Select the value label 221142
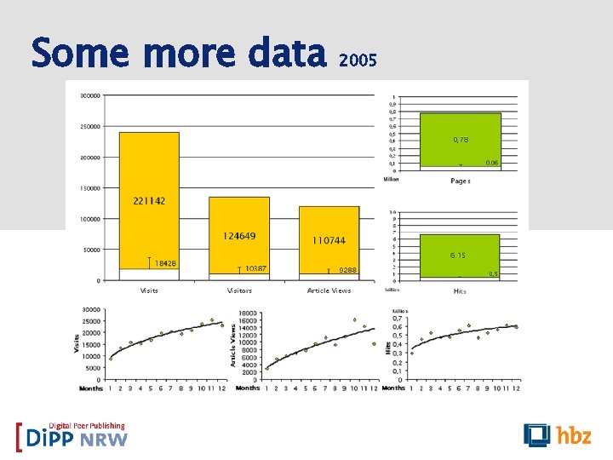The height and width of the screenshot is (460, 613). pos(149,201)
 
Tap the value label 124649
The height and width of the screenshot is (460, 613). pos(239,236)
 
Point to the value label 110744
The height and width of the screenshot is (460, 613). pos(329,241)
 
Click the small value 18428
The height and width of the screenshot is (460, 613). pos(165,263)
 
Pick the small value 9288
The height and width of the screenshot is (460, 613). pos(347,270)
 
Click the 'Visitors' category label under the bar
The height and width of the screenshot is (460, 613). pos(239,290)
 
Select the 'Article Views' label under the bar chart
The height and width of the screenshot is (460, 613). pos(329,290)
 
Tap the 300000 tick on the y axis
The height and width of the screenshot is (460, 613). pos(88,95)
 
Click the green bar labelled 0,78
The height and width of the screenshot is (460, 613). pos(460,141)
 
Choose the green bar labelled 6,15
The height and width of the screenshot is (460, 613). pos(458,256)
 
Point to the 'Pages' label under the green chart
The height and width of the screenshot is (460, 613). pos(460,181)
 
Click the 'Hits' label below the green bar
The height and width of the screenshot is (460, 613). pos(460,290)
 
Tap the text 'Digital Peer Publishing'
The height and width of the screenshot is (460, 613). pos(86,426)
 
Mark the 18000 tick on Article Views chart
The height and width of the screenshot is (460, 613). pos(248,313)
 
